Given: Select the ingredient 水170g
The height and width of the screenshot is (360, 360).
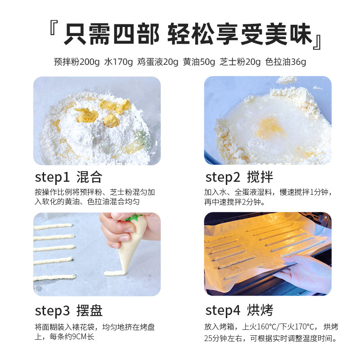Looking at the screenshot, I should click(x=119, y=62).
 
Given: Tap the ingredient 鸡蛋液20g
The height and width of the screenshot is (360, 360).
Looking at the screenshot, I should click(x=157, y=62).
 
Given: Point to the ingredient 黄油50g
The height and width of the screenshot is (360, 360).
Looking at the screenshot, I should click(x=199, y=62).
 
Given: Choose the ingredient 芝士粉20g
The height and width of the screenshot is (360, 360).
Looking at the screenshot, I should click(x=240, y=62).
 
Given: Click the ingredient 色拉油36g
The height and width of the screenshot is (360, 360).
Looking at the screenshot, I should click(x=286, y=62).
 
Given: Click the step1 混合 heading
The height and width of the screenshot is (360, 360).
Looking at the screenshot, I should click(x=68, y=176).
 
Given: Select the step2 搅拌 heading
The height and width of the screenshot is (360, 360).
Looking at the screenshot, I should click(x=239, y=176).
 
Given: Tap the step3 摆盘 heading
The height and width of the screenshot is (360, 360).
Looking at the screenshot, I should click(x=68, y=310).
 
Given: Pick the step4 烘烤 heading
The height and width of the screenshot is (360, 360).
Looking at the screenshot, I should click(x=239, y=310).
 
